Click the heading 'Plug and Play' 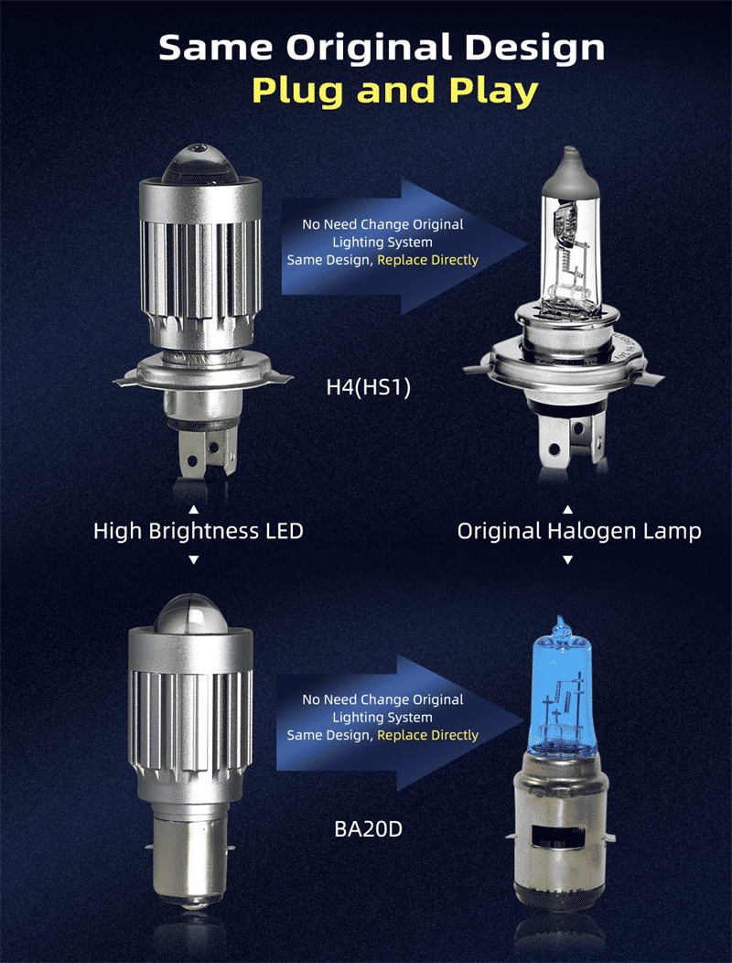[394, 92]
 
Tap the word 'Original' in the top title [375, 48]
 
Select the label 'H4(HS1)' [369, 387]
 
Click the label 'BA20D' [369, 831]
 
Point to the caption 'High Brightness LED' [198, 531]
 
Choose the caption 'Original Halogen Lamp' [579, 531]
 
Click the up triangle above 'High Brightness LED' [193, 508]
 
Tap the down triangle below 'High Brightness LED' [193, 558]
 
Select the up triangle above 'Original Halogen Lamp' [567, 509]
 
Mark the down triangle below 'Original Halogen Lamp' [567, 558]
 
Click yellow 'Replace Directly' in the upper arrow [427, 260]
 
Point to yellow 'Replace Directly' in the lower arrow [427, 735]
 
